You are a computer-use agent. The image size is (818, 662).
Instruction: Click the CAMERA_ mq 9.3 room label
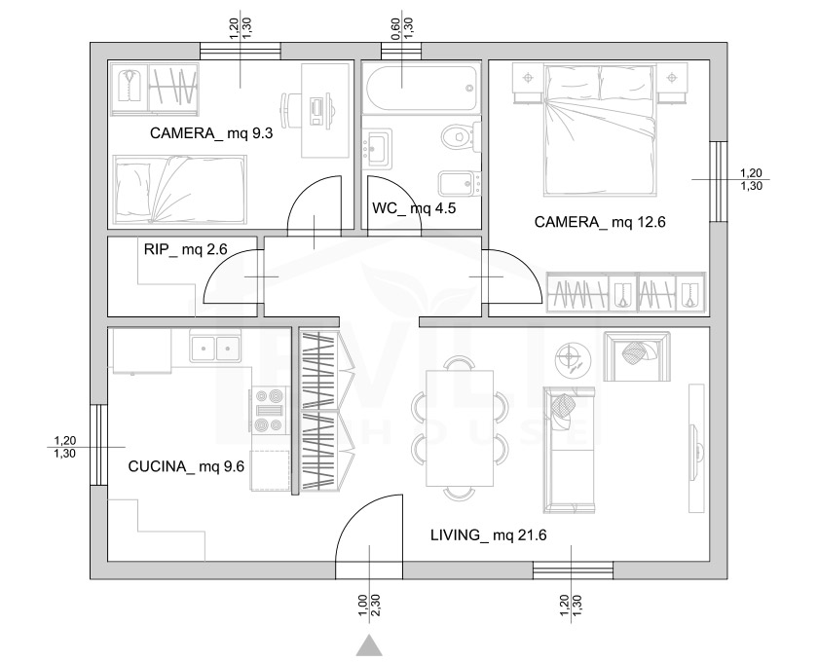211,133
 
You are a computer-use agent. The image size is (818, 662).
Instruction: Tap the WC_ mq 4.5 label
414,208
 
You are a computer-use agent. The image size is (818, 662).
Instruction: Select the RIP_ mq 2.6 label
186,249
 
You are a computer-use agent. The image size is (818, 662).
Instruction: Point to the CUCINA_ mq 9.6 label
186,466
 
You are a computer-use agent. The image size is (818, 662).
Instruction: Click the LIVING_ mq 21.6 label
488,534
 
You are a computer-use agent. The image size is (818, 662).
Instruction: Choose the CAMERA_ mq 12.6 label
600,222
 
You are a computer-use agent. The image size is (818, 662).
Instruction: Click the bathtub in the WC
422,88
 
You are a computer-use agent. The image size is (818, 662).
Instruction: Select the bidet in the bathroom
459,183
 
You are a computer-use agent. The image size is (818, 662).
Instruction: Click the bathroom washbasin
377,148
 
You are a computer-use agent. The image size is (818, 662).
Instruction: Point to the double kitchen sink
215,346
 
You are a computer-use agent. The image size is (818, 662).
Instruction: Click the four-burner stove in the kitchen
270,411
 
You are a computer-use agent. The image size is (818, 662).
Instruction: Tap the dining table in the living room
460,427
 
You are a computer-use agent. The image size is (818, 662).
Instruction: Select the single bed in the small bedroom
180,190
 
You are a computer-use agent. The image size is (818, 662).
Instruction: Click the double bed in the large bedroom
599,130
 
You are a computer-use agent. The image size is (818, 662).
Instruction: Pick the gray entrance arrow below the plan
369,645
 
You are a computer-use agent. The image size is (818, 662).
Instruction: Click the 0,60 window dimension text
396,28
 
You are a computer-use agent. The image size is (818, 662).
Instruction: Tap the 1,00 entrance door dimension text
363,606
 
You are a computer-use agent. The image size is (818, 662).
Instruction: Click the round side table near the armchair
573,358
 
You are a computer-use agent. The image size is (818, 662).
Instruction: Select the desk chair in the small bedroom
290,110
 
